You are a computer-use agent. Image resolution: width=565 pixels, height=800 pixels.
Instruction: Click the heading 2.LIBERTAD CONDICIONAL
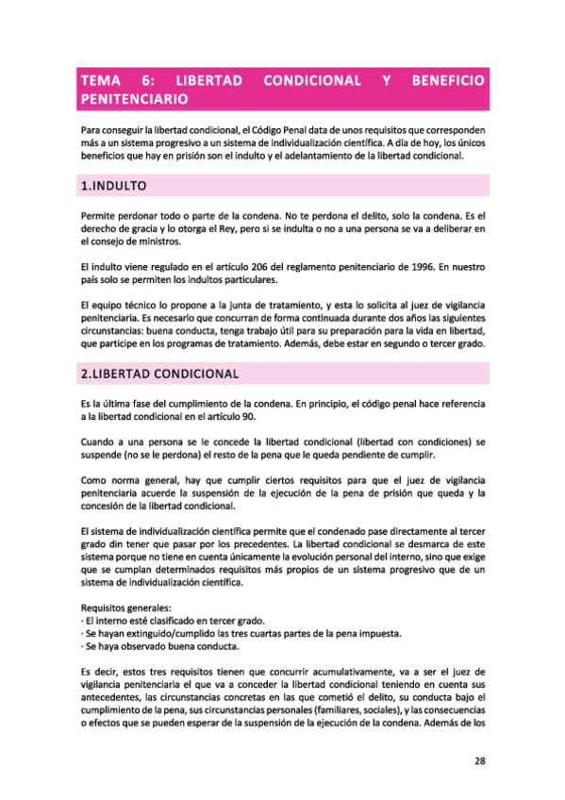(161, 375)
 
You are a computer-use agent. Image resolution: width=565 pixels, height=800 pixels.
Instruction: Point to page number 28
(478, 761)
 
